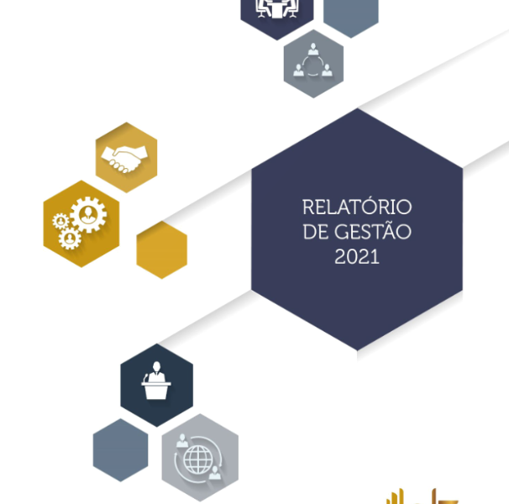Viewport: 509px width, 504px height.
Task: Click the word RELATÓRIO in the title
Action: click(x=357, y=207)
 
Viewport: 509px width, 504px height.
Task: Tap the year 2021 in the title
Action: click(x=357, y=256)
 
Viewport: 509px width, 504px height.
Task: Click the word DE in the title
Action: click(x=316, y=232)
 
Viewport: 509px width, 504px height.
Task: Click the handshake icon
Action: click(x=124, y=159)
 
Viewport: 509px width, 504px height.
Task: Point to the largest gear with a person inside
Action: click(x=88, y=215)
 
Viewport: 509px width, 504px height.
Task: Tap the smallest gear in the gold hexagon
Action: click(x=60, y=222)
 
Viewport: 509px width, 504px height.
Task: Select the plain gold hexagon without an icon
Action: click(x=161, y=249)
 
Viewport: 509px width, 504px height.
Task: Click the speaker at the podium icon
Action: click(x=156, y=381)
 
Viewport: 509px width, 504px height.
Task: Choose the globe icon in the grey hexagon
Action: click(x=198, y=459)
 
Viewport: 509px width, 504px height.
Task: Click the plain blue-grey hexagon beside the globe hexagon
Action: click(x=120, y=450)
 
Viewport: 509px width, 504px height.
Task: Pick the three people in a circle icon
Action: click(x=313, y=60)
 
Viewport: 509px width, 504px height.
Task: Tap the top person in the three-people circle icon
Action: click(x=313, y=49)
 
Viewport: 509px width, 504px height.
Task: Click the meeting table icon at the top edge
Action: click(x=277, y=8)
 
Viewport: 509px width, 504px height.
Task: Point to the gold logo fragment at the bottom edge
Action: click(x=422, y=496)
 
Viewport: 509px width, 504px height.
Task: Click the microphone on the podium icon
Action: click(x=146, y=378)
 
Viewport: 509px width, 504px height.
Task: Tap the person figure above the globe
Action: click(x=182, y=441)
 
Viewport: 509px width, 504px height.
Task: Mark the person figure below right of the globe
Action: click(x=214, y=473)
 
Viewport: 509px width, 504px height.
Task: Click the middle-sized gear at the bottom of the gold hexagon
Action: click(x=70, y=239)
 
